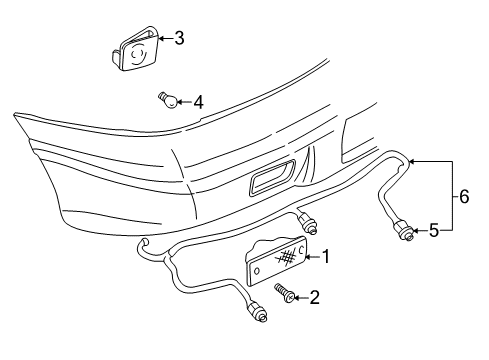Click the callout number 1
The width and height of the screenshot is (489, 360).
326,257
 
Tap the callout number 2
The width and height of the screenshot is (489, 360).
314,296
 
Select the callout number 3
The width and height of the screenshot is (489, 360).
179,39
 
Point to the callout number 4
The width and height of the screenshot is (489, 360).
198,101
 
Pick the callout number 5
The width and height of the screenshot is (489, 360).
433,231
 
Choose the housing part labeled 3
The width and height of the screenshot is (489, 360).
137,51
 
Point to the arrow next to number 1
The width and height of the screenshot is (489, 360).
309,258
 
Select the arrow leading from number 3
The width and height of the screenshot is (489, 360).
164,40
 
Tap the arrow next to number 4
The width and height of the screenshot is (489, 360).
185,101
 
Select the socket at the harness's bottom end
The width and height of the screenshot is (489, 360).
259,316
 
